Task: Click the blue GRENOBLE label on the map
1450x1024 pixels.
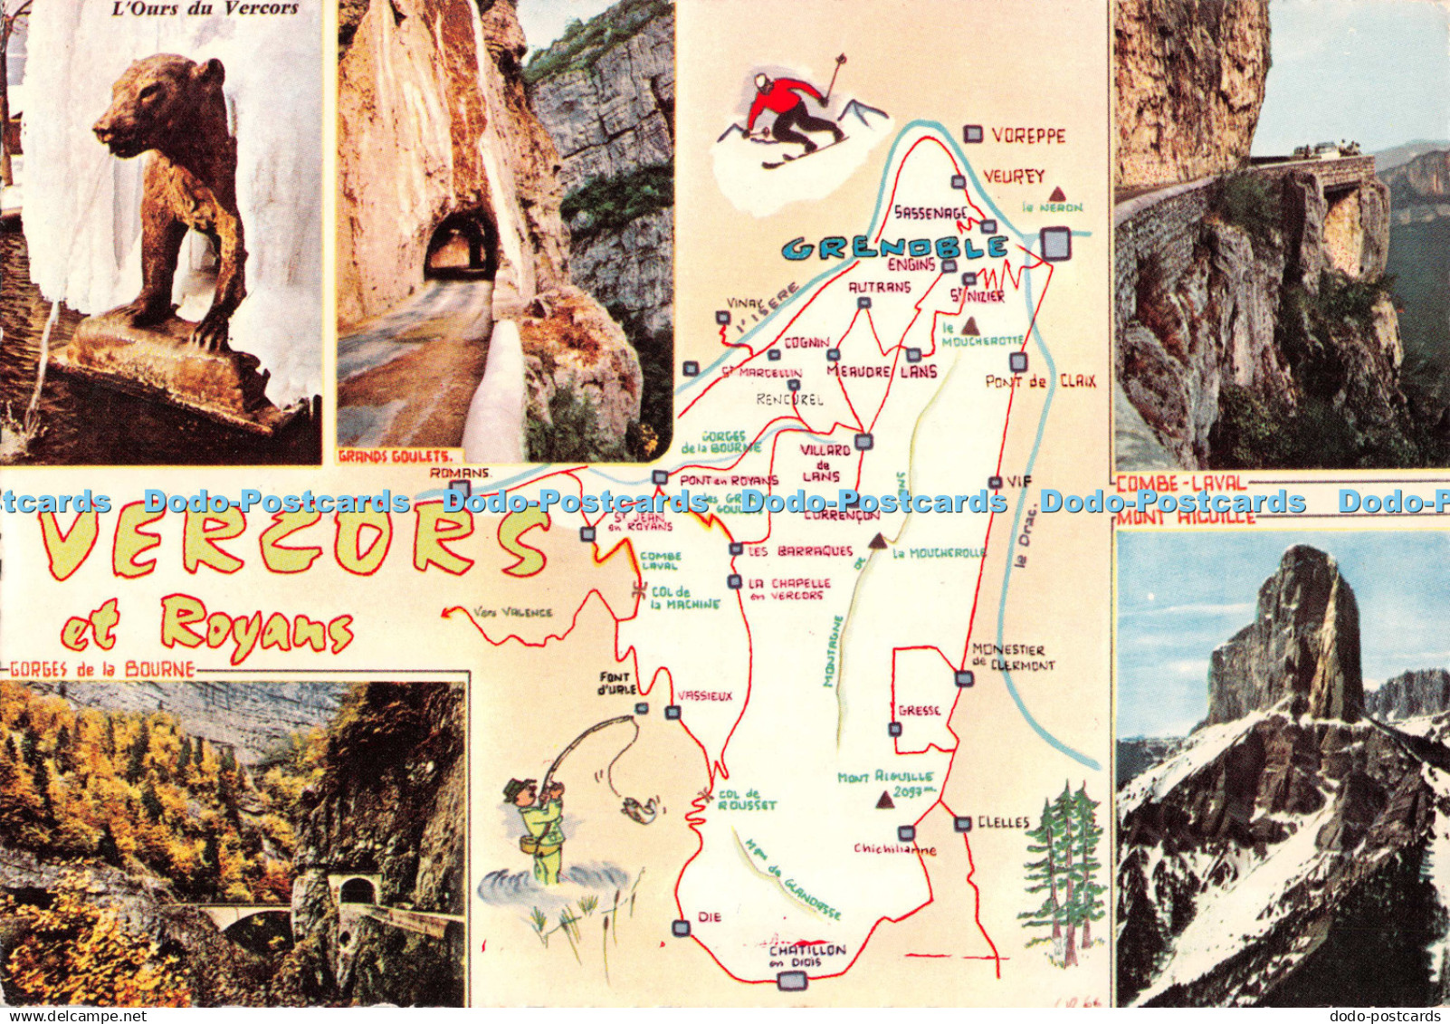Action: [894, 247]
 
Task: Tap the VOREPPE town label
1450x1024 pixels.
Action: [1028, 136]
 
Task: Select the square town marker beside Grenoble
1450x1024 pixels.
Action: [1055, 243]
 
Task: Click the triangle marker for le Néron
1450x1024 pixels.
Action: [1056, 194]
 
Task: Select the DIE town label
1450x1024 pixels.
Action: [711, 917]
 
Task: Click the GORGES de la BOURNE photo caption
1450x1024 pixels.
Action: [103, 670]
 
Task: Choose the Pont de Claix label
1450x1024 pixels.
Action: [1040, 382]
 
